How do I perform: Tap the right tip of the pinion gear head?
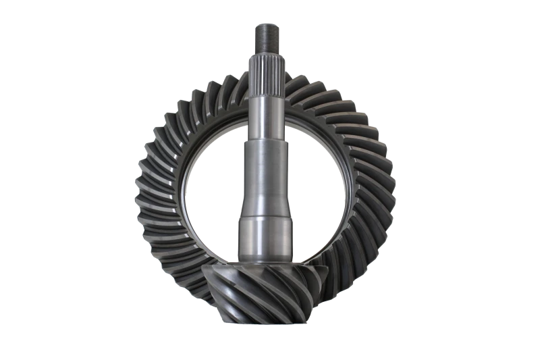[x=327, y=270]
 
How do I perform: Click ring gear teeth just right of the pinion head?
[x=344, y=270]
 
